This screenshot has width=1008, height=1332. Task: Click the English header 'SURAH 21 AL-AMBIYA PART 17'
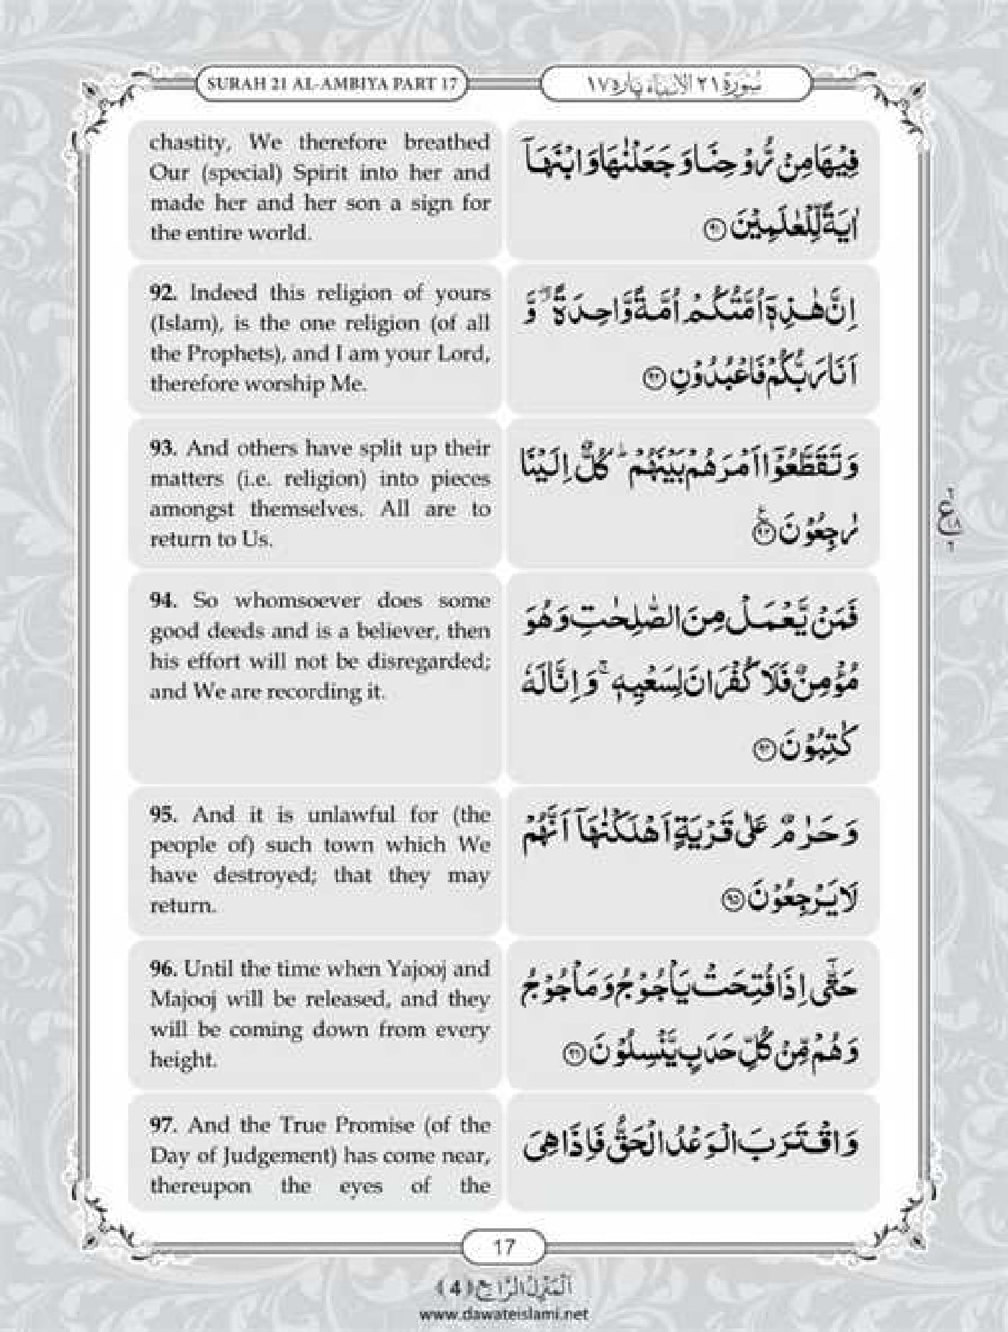[332, 83]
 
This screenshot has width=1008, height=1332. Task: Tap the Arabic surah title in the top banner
[675, 84]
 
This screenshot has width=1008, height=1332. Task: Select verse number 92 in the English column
[163, 293]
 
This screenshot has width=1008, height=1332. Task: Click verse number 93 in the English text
[163, 449]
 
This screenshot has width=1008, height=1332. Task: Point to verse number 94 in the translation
[163, 600]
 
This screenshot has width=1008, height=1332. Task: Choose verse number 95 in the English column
[163, 814]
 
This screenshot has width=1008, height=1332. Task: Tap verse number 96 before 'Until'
[163, 969]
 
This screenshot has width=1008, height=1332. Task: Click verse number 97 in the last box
[163, 1125]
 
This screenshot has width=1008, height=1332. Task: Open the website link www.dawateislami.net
[503, 1314]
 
